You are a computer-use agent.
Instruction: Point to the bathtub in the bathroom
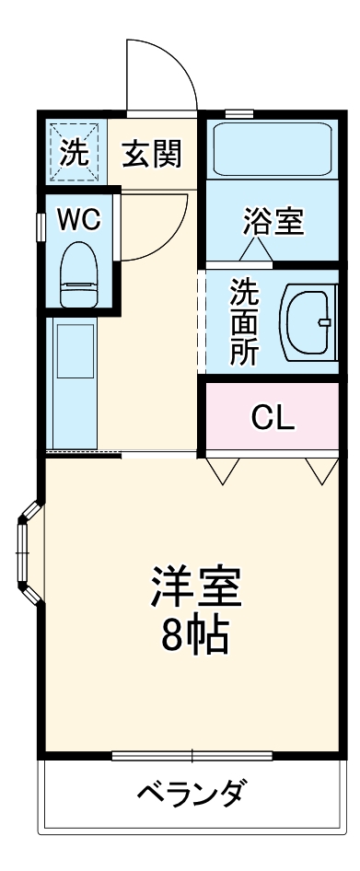(x=272, y=149)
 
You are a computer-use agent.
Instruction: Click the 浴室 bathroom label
(x=273, y=222)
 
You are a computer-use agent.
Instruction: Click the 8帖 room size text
(x=196, y=636)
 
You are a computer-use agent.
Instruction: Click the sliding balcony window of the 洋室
(x=192, y=757)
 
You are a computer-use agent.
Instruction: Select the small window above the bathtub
(x=238, y=113)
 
